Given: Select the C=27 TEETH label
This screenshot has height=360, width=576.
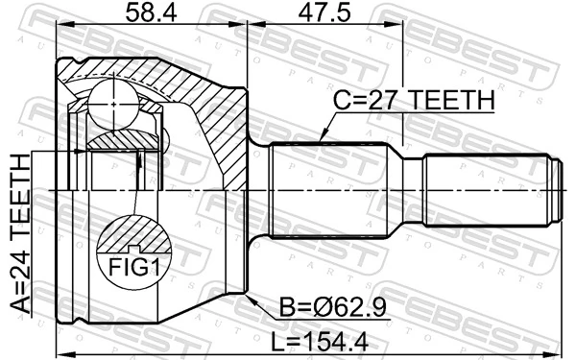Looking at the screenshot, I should [414, 101].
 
